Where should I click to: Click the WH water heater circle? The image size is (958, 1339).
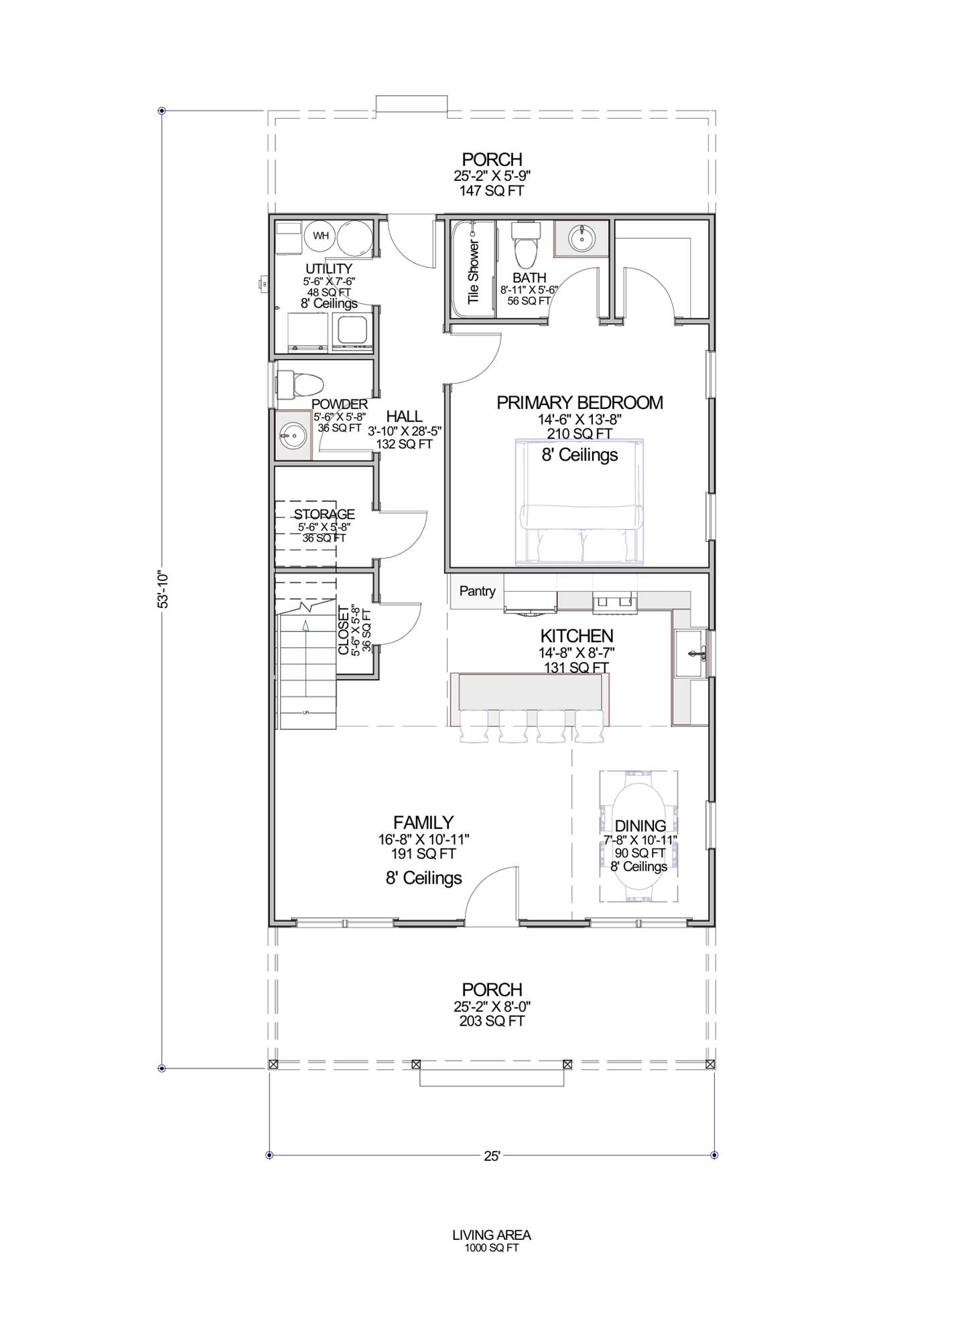pos(321,236)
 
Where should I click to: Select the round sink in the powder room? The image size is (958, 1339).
pos(292,437)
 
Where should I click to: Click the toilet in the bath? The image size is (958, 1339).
pos(525,245)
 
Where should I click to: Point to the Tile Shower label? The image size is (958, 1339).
pos(474,272)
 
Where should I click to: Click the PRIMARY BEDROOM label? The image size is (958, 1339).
pos(579,402)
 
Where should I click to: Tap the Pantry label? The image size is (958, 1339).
pos(477,591)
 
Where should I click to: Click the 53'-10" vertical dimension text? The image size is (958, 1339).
pos(163,589)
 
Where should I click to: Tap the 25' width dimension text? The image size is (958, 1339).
pos(492,1156)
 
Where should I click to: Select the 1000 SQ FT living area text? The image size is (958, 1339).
pos(492,1248)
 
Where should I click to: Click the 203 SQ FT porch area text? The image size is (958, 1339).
pos(492,1021)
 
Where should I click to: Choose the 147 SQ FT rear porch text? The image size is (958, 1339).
pos(492,191)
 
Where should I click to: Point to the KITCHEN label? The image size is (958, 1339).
pos(577,635)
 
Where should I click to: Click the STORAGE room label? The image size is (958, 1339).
pos(324,514)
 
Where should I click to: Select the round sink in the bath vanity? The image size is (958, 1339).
pos(581,238)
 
